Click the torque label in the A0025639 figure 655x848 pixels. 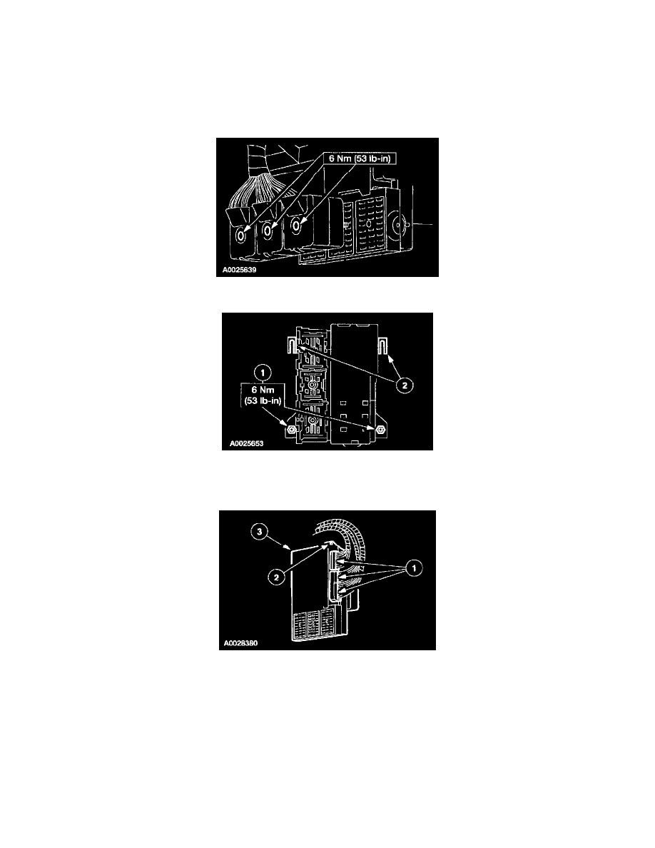pos(360,158)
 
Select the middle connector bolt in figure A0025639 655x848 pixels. pos(267,231)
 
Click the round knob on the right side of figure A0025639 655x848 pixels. pos(401,223)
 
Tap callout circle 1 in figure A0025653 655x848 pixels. pos(263,372)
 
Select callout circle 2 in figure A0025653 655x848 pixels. pos(405,385)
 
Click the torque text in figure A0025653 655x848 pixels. pos(263,395)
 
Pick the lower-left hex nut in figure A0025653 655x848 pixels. pos(290,430)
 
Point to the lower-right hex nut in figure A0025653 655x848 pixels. pos(380,428)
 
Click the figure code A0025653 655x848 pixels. pos(246,443)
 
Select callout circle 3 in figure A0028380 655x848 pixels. pos(260,532)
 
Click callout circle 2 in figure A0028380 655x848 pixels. pos(276,577)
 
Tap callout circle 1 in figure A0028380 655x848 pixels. pos(414,568)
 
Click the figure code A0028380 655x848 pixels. pos(241,644)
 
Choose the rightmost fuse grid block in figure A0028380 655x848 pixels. pos(327,623)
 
